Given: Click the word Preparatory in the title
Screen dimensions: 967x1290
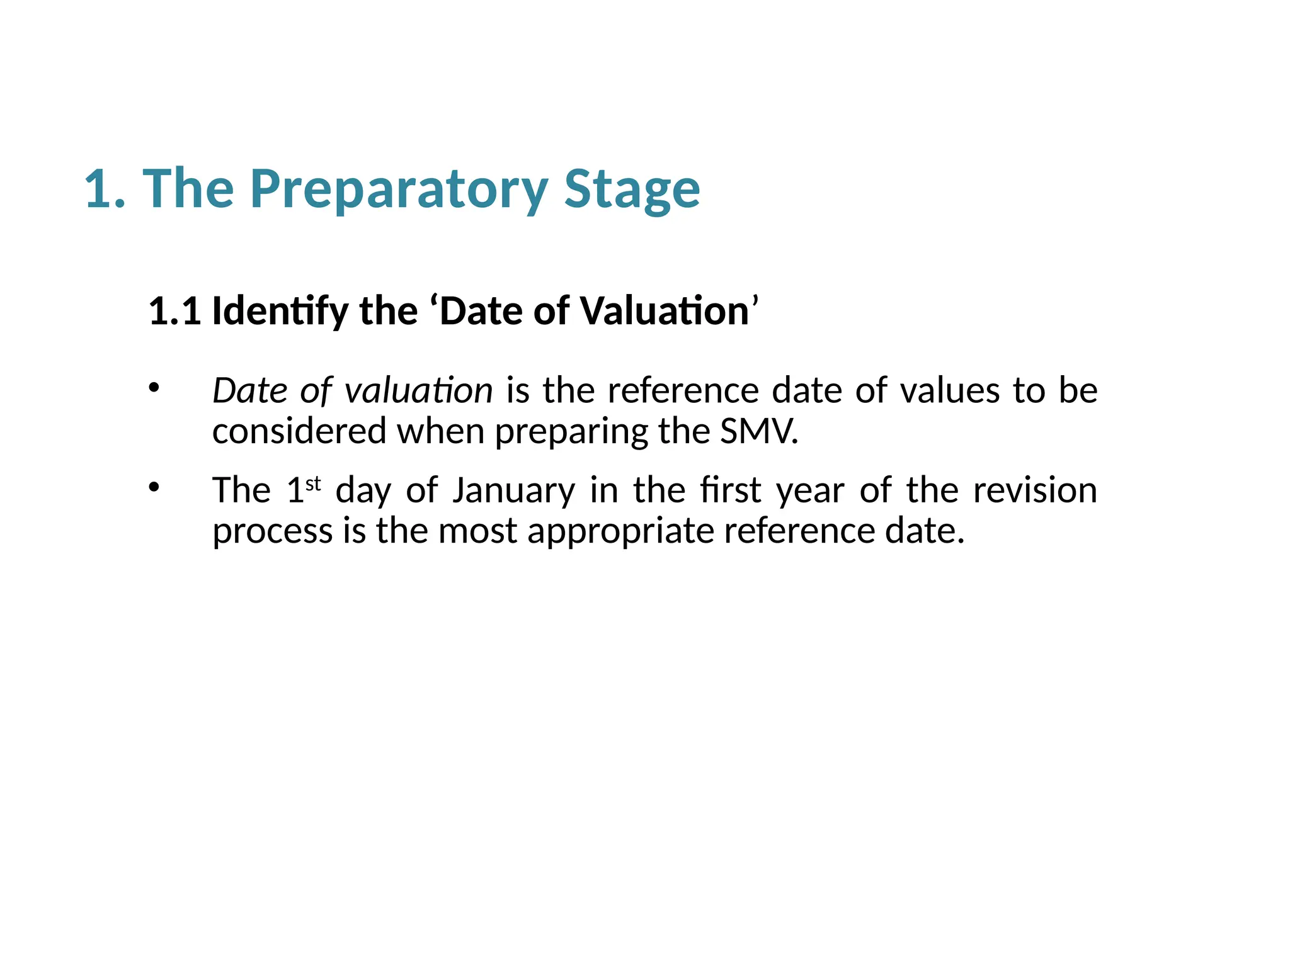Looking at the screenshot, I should [399, 189].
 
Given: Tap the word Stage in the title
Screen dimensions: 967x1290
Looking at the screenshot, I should [632, 189].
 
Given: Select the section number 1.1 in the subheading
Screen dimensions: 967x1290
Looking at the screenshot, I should [174, 311].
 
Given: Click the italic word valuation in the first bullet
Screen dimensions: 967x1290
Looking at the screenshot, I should [419, 391].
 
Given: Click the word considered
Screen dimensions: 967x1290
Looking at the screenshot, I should [299, 432].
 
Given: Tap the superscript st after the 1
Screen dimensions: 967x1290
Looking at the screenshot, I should [313, 484].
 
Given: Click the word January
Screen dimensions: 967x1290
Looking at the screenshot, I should [513, 491].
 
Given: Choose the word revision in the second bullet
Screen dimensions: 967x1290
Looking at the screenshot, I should [1035, 490].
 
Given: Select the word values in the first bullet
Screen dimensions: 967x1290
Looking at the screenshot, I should [950, 391].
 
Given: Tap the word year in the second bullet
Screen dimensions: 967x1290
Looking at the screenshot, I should [810, 491].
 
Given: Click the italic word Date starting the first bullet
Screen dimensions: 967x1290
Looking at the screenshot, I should [249, 391].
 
